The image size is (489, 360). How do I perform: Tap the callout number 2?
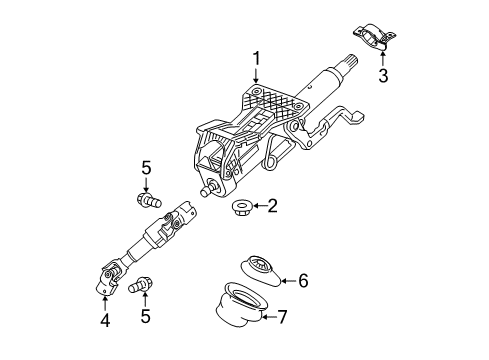(x=271, y=207)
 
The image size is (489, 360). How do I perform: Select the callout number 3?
(x=382, y=76)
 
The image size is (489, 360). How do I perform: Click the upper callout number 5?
(x=145, y=168)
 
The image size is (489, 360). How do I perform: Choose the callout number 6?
(x=304, y=282)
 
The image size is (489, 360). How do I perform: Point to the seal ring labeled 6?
(x=261, y=268)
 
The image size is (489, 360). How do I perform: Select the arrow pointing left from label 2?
(x=256, y=207)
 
